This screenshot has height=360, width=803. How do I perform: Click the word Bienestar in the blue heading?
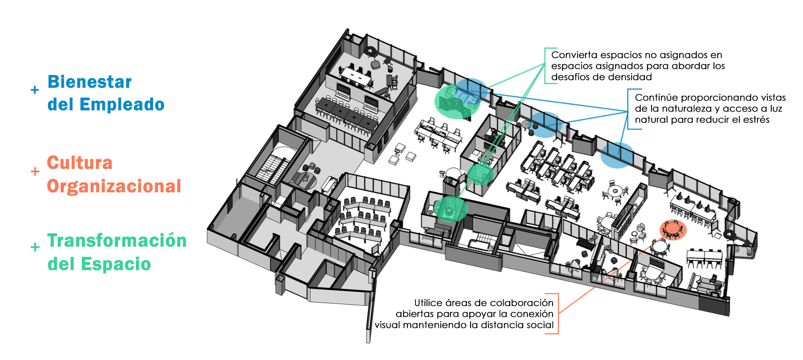(x=90, y=82)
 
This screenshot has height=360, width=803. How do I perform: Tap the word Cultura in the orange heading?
(x=79, y=163)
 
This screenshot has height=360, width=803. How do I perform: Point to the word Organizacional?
(x=114, y=186)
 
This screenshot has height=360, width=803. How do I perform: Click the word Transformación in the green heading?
(x=117, y=240)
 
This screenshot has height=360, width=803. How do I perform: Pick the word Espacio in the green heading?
(x=116, y=264)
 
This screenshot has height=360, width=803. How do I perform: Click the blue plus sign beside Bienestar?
(x=35, y=90)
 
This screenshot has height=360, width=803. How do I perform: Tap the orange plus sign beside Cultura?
(x=35, y=171)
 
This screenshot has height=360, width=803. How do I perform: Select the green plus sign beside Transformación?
(x=35, y=247)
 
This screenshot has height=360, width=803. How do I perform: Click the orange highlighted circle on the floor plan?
(x=673, y=230)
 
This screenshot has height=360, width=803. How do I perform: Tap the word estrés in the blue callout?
(x=757, y=120)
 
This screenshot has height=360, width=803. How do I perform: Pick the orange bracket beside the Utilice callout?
(x=558, y=314)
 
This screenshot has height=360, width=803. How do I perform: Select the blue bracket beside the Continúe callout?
(x=628, y=109)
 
